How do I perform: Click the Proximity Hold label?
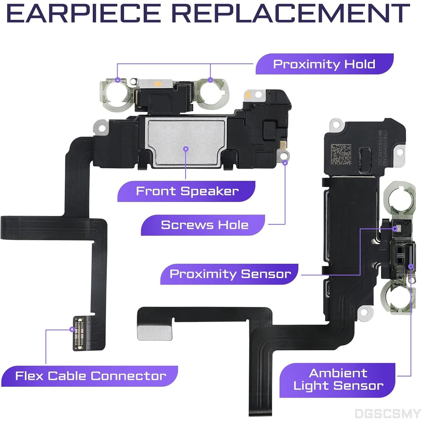pos(324,64)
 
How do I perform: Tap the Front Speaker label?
pos(187,191)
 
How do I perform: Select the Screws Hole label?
pos(204,225)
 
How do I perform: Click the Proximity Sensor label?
pos(230,274)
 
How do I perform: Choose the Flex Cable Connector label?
pos(91,376)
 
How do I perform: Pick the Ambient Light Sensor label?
pos(338,380)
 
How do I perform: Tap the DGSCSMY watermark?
pos(387,413)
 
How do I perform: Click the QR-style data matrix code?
pos(341,154)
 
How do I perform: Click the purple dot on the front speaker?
pos(186,149)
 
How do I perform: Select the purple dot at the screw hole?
pos(285,162)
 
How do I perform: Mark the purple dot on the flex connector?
pos(72,329)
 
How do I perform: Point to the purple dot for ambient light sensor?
pos(411,266)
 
